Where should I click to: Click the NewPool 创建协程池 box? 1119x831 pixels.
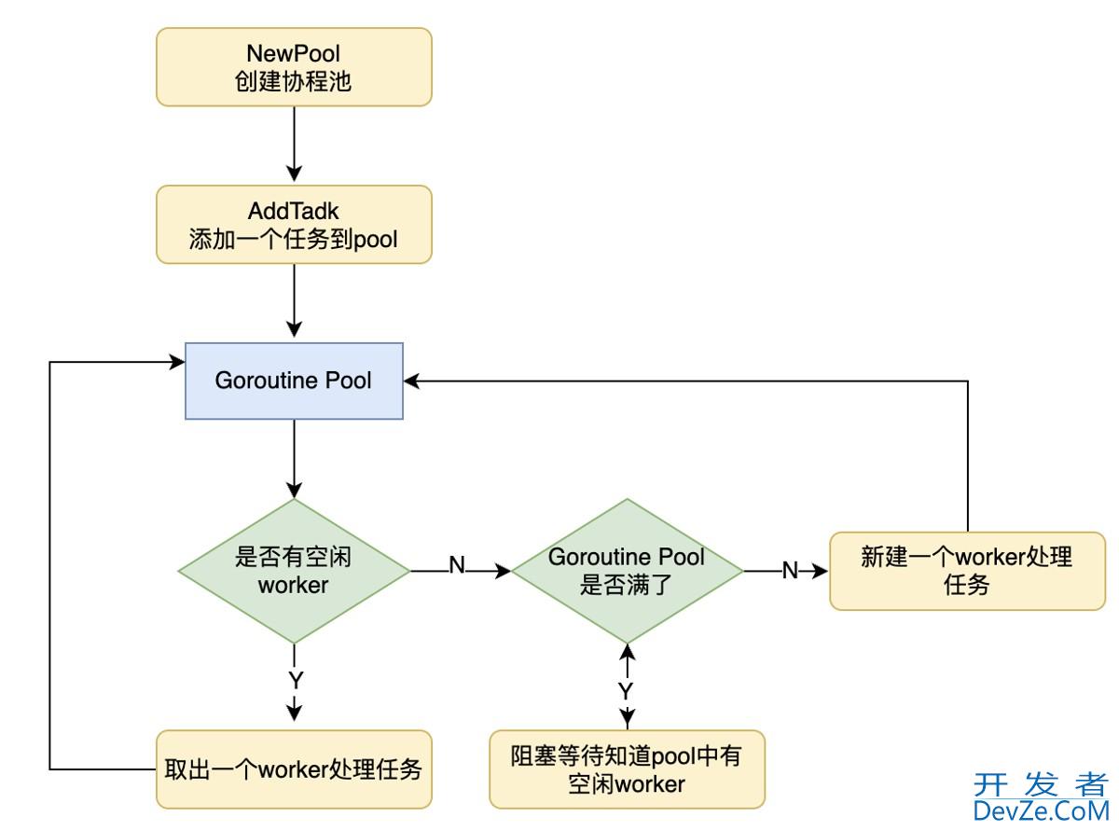coord(294,66)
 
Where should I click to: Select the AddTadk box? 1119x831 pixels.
coord(294,225)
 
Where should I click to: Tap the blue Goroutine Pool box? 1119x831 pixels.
coord(294,381)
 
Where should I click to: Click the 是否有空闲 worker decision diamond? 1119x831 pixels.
coord(294,571)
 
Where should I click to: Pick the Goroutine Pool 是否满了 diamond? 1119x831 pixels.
coord(627,571)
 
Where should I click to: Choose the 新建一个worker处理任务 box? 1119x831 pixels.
coord(967,571)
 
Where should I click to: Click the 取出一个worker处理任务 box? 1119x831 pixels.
coord(294,769)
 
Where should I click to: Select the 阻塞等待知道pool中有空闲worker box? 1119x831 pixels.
coord(627,769)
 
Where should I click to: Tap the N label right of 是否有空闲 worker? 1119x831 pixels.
coord(457,566)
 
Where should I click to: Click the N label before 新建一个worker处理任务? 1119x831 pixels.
coord(790,570)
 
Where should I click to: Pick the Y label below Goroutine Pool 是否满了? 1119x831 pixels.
coord(627,691)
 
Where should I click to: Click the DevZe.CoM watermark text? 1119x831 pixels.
coord(1041,810)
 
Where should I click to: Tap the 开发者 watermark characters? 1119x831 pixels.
coord(1041,784)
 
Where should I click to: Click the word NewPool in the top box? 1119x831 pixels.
coord(294,53)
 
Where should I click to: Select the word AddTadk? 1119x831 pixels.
coord(294,212)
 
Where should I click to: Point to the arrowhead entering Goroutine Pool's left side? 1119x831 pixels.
coord(177,362)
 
